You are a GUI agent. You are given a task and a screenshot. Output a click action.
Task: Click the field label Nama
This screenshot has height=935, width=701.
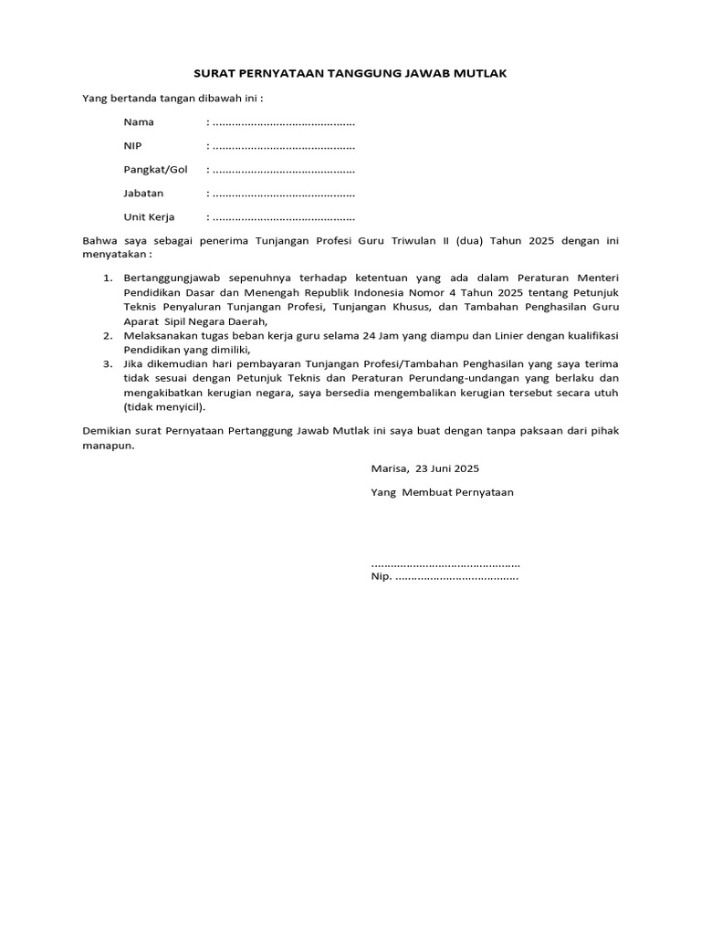(139, 121)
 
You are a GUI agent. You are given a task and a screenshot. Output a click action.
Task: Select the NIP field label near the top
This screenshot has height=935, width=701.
(133, 145)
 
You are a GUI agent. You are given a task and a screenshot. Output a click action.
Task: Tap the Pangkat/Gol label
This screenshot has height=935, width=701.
(155, 169)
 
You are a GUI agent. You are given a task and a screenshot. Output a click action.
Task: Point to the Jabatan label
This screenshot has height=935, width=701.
(143, 193)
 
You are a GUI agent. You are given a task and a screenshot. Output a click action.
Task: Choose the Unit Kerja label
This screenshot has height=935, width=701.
(149, 217)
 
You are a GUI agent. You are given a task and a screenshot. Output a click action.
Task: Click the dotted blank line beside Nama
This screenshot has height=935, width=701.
(283, 122)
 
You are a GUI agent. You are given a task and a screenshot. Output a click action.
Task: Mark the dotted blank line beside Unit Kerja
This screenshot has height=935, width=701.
(283, 218)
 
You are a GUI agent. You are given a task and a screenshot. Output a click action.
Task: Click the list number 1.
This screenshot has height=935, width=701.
(106, 277)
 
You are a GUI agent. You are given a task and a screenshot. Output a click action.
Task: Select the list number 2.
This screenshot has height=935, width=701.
(106, 336)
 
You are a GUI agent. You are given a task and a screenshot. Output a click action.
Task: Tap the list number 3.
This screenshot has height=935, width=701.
(106, 365)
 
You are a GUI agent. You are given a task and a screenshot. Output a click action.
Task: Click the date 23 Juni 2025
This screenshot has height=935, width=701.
(446, 467)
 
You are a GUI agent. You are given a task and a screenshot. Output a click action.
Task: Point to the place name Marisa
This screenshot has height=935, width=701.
(390, 467)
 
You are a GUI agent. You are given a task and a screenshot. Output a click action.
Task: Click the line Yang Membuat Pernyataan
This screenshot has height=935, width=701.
(442, 491)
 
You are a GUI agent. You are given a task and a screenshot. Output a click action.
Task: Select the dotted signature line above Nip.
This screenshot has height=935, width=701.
(445, 563)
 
